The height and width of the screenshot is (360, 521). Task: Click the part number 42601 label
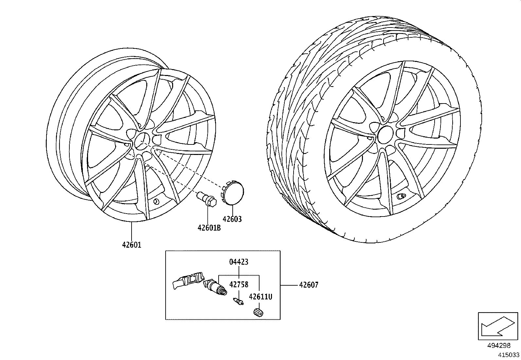(132, 245)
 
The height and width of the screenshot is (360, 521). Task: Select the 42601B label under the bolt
(209, 228)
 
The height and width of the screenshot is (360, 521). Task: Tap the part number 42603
(232, 219)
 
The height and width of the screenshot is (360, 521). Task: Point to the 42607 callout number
(309, 285)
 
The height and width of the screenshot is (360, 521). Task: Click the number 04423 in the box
(239, 262)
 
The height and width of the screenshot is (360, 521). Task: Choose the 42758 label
(239, 285)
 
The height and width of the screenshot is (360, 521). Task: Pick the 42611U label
(260, 297)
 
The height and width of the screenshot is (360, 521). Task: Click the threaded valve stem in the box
(216, 287)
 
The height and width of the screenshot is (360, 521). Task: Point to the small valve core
(238, 301)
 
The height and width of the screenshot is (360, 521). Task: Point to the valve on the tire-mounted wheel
(401, 197)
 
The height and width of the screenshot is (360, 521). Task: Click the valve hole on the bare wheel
(156, 201)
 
